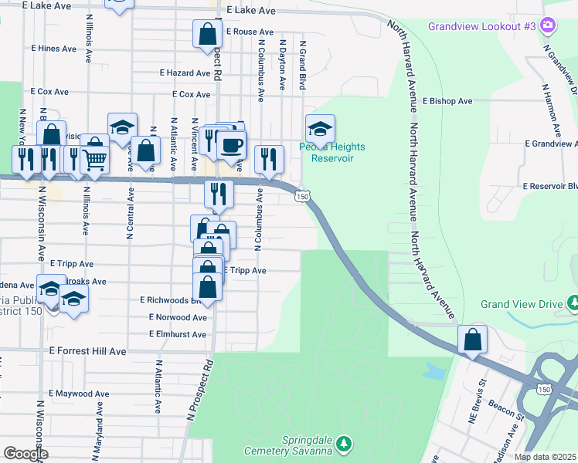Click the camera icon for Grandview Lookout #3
[548, 26]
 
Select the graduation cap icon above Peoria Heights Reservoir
[320, 128]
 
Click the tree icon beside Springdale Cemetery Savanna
[345, 444]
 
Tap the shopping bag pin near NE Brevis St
[471, 340]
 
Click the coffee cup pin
[231, 144]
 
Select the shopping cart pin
[94, 160]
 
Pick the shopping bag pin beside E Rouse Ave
[207, 35]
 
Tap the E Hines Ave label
[53, 48]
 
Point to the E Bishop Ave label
[447, 101]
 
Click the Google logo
[25, 453]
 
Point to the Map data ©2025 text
[545, 457]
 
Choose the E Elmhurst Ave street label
[178, 335]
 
